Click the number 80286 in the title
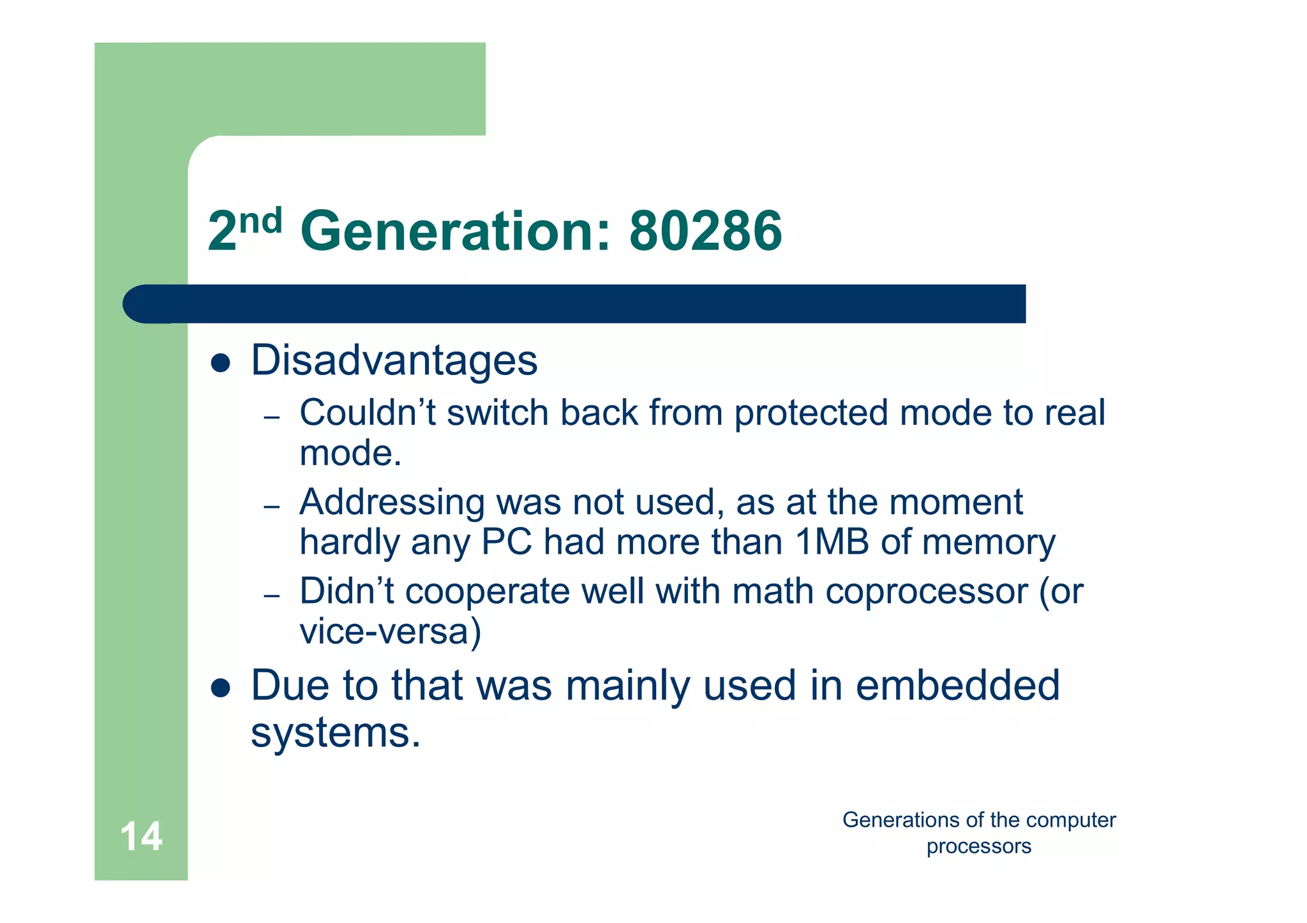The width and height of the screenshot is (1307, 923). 705,231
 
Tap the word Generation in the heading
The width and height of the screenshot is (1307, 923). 454,231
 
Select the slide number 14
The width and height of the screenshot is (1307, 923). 141,837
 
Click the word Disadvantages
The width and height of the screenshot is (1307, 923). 394,361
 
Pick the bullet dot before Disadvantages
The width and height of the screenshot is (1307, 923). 220,364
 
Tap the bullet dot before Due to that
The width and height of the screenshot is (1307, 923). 220,689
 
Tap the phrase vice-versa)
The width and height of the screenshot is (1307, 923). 390,631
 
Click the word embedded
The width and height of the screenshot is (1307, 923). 957,686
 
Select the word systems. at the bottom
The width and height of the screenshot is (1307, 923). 336,734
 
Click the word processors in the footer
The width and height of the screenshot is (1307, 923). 978,846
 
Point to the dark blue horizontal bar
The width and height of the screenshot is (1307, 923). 574,304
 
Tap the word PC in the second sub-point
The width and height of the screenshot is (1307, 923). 506,542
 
